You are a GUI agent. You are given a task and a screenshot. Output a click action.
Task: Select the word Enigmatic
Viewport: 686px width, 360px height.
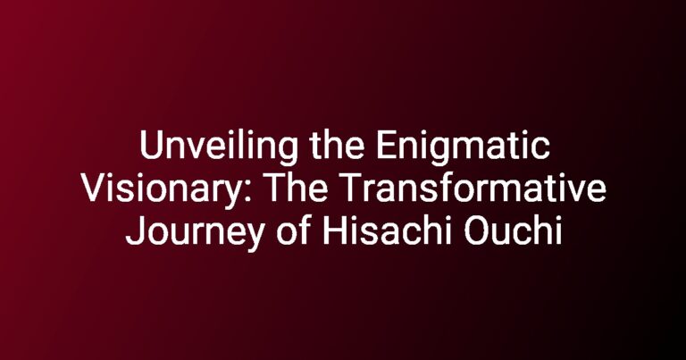point(463,148)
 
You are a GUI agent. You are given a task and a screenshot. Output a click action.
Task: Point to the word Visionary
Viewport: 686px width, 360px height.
point(161,190)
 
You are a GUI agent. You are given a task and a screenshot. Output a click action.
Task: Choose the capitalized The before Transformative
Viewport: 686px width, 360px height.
point(297,188)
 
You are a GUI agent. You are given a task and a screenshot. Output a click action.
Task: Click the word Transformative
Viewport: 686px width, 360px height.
point(472,188)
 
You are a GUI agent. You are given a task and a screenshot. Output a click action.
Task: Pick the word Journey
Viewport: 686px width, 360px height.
point(195,233)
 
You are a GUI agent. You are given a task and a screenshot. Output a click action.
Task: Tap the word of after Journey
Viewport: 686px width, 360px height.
point(292,231)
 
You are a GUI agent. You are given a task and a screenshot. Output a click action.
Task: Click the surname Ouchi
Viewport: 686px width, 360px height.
point(513,231)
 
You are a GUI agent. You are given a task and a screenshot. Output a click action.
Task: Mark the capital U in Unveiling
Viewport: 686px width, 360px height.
point(151,147)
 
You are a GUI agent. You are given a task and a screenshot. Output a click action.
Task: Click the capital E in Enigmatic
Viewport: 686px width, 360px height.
point(386,147)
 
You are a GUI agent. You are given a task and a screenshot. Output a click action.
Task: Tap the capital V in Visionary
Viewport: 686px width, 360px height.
point(93,189)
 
